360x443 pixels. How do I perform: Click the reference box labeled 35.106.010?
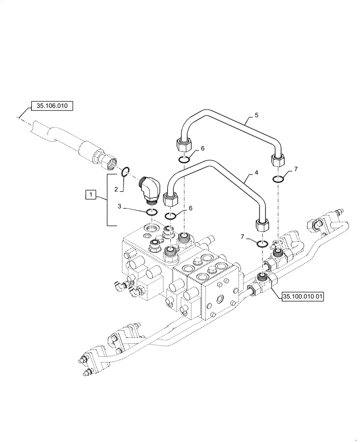(52, 106)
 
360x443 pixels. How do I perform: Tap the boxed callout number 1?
(90, 194)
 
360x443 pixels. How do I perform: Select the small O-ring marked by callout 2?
(125, 171)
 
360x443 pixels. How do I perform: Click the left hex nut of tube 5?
(184, 144)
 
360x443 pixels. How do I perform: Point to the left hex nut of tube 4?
(171, 199)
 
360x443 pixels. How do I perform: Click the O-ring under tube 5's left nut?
(184, 159)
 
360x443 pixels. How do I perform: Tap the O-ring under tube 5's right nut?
(278, 179)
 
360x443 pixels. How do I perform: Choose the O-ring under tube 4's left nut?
(171, 216)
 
